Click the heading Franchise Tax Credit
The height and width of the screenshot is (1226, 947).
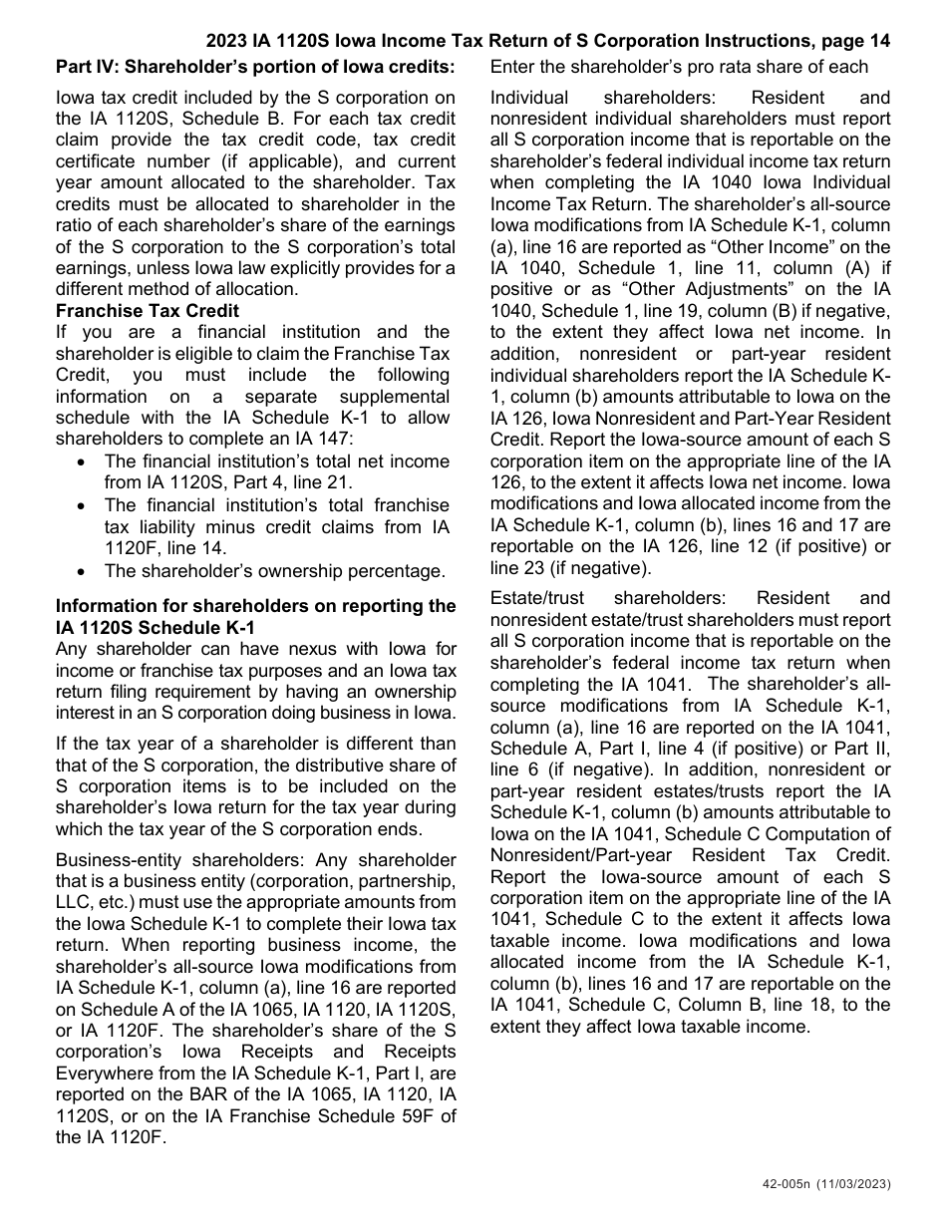pyautogui.click(x=148, y=311)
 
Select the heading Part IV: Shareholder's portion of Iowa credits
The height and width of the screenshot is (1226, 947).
pyautogui.click(x=255, y=68)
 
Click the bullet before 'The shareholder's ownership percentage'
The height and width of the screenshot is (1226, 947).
pyautogui.click(x=82, y=571)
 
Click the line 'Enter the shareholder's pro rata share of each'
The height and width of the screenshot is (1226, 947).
pyautogui.click(x=679, y=68)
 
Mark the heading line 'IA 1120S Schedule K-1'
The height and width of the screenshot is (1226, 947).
pyautogui.click(x=156, y=628)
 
